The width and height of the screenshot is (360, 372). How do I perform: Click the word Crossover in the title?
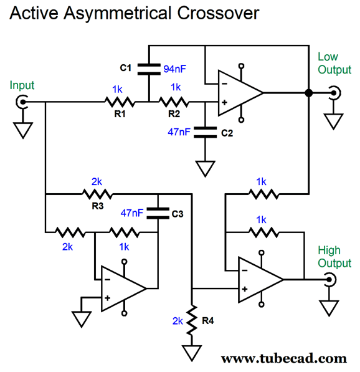pyautogui.click(x=218, y=13)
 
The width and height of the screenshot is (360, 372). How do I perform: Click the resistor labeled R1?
pyautogui.click(x=120, y=102)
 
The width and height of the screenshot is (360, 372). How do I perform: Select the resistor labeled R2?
pyautogui.click(x=174, y=102)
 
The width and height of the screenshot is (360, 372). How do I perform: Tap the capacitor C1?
pyautogui.click(x=149, y=69)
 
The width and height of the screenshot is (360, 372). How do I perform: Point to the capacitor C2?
pyautogui.click(x=205, y=132)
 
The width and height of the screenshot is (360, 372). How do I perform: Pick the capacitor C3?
pyautogui.click(x=158, y=213)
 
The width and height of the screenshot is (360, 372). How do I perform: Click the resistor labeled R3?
pyautogui.click(x=97, y=194)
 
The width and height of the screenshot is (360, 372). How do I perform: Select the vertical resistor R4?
pyautogui.click(x=192, y=320)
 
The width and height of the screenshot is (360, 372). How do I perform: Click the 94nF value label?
pyautogui.click(x=174, y=69)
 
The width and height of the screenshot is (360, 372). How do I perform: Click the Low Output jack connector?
pyautogui.click(x=334, y=93)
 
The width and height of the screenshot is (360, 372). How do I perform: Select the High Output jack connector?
pyautogui.click(x=330, y=280)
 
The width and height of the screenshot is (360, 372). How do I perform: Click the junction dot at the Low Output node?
pyautogui.click(x=308, y=93)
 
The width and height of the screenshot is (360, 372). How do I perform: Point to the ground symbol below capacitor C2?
pyautogui.click(x=205, y=169)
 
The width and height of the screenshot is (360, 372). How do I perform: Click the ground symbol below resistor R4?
pyautogui.click(x=192, y=353)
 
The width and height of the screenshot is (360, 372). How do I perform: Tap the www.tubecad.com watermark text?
pyautogui.click(x=283, y=359)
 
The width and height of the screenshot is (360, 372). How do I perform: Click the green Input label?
pyautogui.click(x=22, y=85)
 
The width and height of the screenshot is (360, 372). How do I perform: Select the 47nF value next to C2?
pyautogui.click(x=179, y=132)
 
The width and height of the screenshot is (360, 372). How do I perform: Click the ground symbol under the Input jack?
pyautogui.click(x=23, y=130)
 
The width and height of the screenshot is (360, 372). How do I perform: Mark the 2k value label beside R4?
pyautogui.click(x=178, y=321)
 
